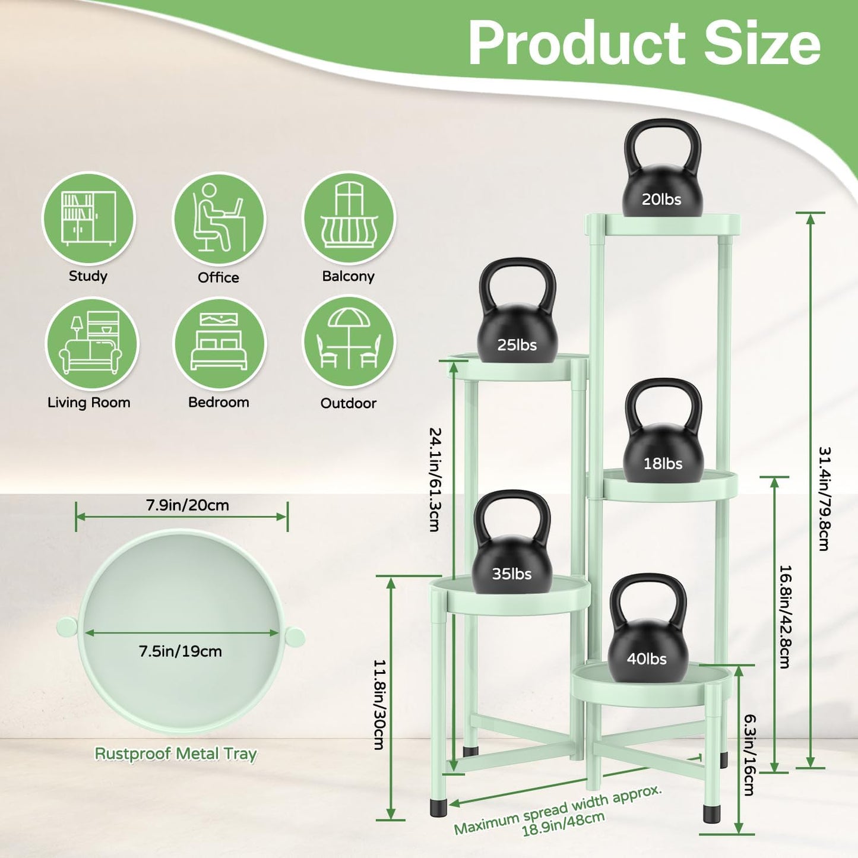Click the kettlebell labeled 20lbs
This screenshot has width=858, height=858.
(x=662, y=178)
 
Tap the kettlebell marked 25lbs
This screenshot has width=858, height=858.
(x=517, y=321)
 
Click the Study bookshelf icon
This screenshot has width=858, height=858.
(x=88, y=219)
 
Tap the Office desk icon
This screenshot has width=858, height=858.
(x=219, y=219)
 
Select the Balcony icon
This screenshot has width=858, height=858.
(x=349, y=219)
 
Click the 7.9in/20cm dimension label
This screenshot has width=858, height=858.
(x=188, y=505)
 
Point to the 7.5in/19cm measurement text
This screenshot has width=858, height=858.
(x=181, y=651)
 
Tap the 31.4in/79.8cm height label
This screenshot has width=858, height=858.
(x=824, y=499)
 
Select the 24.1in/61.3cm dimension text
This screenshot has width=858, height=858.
(x=435, y=479)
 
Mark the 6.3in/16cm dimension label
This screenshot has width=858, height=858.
(x=749, y=754)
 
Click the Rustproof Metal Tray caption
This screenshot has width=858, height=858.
(x=176, y=753)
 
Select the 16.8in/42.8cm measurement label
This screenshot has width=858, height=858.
(x=784, y=616)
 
